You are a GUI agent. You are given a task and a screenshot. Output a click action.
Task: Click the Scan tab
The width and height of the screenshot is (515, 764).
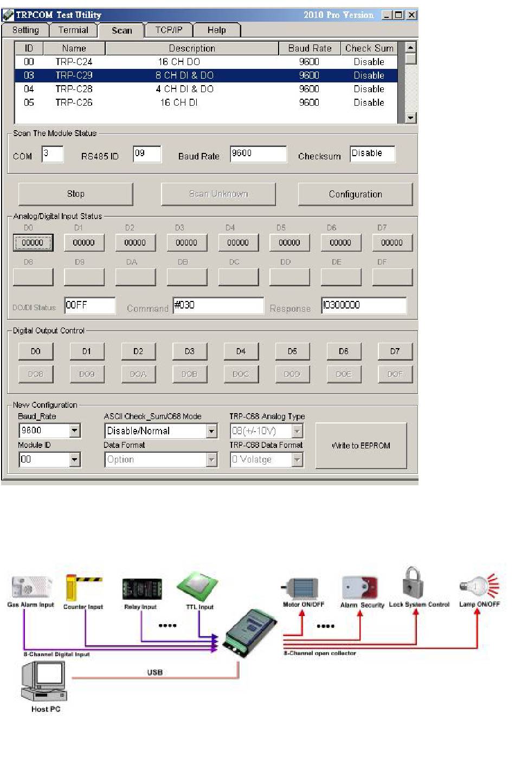click(x=122, y=30)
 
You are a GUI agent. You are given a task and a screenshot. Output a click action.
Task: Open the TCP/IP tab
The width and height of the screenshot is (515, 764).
click(x=169, y=30)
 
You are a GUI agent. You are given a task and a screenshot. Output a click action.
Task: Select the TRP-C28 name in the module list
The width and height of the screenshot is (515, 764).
click(x=74, y=89)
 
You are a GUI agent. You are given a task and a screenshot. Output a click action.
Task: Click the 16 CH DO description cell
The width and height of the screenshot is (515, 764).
click(x=179, y=62)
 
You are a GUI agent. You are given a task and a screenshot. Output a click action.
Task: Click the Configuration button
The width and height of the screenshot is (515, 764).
click(x=355, y=194)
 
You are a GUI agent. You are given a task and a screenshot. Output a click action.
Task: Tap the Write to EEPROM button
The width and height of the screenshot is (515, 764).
click(x=361, y=446)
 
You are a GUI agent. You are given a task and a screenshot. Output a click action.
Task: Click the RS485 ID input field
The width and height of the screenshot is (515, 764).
click(x=147, y=154)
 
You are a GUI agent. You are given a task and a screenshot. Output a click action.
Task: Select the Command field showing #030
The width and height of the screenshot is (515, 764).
click(x=218, y=305)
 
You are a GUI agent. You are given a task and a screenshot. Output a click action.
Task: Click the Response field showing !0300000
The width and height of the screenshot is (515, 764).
click(x=363, y=305)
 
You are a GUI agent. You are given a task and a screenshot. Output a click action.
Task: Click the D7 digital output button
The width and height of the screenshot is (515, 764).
click(x=395, y=351)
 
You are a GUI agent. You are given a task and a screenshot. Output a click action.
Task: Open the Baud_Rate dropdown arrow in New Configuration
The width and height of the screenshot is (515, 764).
click(x=75, y=431)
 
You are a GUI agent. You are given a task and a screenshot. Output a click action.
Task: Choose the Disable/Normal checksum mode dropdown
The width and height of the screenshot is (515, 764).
click(x=160, y=431)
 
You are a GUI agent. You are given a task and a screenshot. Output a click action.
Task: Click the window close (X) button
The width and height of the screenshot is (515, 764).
click(x=411, y=15)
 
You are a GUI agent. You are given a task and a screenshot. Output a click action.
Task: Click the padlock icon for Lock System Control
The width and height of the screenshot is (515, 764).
click(x=413, y=582)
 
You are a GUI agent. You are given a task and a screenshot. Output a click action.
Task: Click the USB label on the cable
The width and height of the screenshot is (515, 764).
click(x=155, y=672)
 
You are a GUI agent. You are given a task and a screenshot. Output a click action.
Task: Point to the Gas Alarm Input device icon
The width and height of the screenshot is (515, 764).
click(x=31, y=588)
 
